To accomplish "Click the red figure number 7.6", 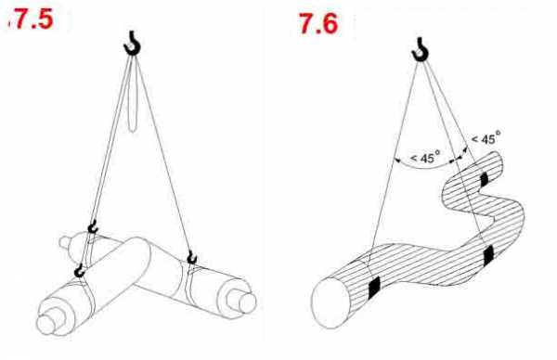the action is coord(317,24).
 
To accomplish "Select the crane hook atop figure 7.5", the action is coord(132,44).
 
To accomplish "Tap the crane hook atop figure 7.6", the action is coord(421,49).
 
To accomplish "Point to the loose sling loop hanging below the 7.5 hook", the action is coord(133,96).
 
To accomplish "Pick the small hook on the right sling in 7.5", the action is coord(192,258).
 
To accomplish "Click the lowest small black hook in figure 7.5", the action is coord(80,271).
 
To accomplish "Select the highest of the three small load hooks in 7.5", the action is coord(93,226).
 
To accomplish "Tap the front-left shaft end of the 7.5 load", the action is coord(46,324).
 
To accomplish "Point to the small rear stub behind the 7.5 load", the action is coord(64,242).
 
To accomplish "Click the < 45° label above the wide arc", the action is coord(425,157).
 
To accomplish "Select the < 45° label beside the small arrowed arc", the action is coord(486,136).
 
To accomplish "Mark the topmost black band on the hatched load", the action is coord(485,179).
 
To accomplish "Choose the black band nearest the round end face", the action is coord(374,286).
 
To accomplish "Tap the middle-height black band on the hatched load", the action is coord(489,255).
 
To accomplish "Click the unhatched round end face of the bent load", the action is coord(330,302).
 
